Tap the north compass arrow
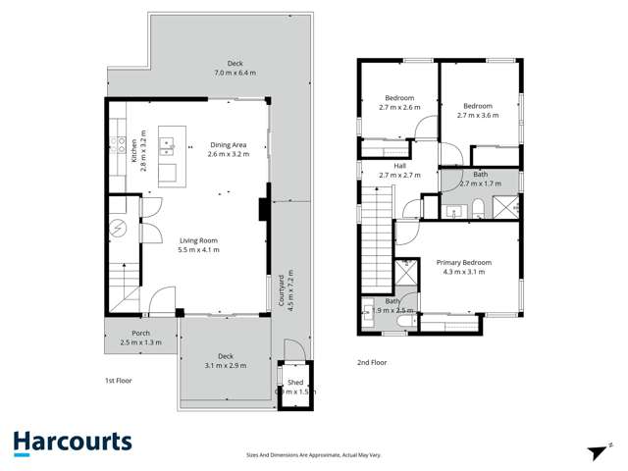click(x=596, y=451)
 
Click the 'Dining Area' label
click(x=227, y=145)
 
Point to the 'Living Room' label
click(x=199, y=240)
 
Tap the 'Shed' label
click(x=294, y=383)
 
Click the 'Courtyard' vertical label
click(x=281, y=291)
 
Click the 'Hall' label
click(x=399, y=166)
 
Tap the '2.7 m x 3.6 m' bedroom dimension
click(x=478, y=115)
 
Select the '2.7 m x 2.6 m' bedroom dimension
click(x=399, y=107)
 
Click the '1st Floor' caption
click(x=118, y=380)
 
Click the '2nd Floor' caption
click(x=372, y=362)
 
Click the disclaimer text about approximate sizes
click(x=314, y=454)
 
